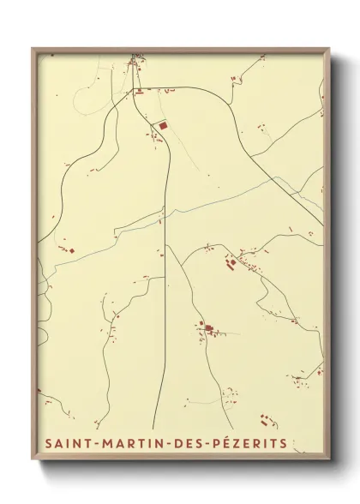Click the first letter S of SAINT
43,444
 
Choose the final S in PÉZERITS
284,444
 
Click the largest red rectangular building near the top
161,125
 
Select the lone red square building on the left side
72,250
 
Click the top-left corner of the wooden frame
33,48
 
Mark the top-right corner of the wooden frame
330,48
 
